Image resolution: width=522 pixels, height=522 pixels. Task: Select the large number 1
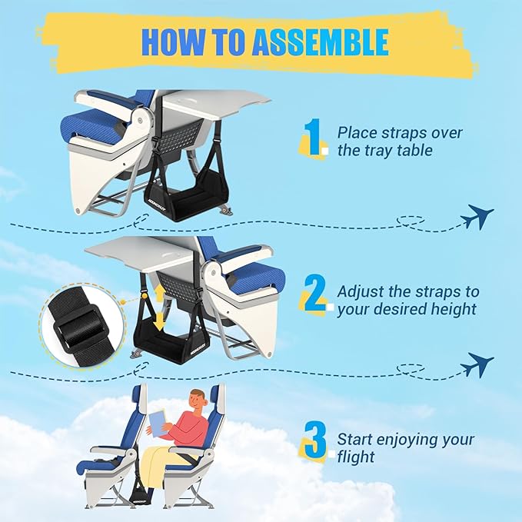313,139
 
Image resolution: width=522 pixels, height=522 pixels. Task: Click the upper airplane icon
477,218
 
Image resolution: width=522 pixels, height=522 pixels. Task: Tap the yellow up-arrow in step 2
159,295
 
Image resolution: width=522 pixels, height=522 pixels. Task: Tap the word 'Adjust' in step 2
361,292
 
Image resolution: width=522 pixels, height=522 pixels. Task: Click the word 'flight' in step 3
356,457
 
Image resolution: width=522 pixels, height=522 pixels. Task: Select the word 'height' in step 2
454,310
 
